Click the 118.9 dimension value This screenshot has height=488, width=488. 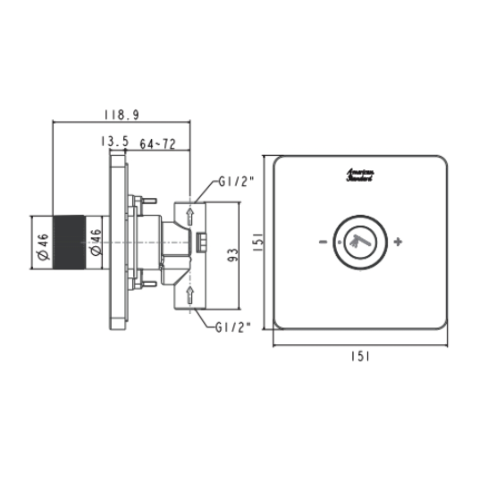122,115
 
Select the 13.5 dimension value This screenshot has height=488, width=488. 114,142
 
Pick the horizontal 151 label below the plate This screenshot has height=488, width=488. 360,357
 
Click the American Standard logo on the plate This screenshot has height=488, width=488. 360,176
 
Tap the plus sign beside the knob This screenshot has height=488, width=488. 398,242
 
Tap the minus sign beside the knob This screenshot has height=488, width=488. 323,242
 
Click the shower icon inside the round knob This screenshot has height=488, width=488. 360,241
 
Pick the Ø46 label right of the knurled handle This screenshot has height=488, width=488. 96,243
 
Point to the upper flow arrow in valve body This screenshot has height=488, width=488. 190,217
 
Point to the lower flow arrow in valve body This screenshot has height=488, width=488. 190,294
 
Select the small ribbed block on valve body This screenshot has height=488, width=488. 201,242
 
